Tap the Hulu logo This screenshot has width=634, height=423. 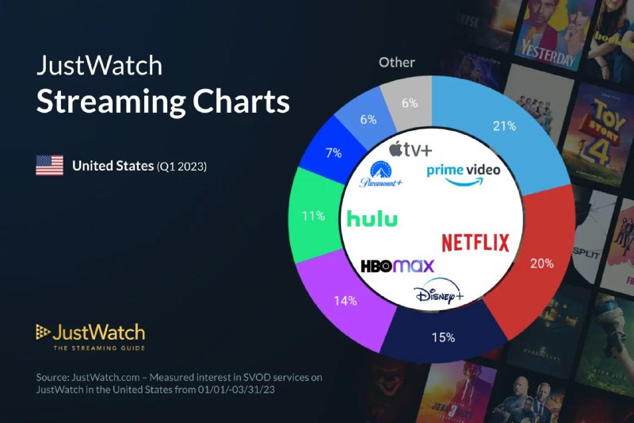pos(372,220)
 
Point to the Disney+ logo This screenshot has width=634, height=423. pos(438,295)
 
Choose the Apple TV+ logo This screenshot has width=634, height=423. pos(410,148)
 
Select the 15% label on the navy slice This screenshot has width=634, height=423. pos(443,337)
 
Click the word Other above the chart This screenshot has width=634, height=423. pos(396,62)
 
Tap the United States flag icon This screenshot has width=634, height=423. pos(49,166)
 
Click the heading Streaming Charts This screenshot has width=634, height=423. pos(163,102)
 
